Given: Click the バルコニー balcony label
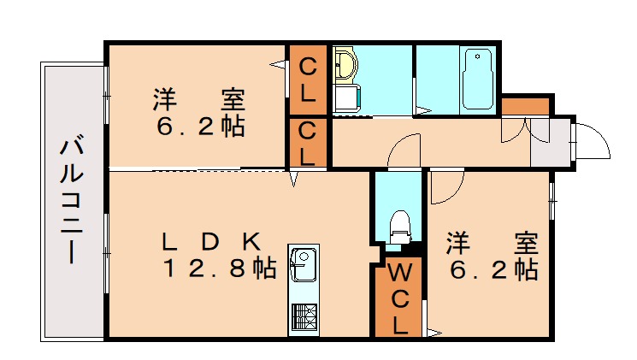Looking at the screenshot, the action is (72, 201).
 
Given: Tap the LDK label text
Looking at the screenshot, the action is (211, 242).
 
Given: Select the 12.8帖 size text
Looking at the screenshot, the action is (220, 269).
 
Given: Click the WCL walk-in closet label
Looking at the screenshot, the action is (400, 298).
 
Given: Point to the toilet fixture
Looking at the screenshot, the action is (400, 227).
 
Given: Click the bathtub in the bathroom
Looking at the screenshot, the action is (477, 80).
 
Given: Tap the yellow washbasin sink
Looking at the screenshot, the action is (345, 65).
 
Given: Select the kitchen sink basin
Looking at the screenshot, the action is (304, 265).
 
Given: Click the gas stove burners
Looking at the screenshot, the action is (304, 316).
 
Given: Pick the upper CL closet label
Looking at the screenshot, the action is (308, 80).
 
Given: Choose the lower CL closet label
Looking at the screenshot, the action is (308, 144).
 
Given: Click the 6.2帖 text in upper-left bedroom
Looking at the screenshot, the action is (200, 127).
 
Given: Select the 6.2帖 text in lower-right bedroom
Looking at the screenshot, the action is (493, 270).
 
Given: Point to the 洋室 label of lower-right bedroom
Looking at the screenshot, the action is (492, 243).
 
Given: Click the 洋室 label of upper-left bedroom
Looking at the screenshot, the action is (199, 99).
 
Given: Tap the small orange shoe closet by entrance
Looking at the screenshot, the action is (525, 106).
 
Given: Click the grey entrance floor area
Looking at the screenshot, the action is (551, 142).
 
